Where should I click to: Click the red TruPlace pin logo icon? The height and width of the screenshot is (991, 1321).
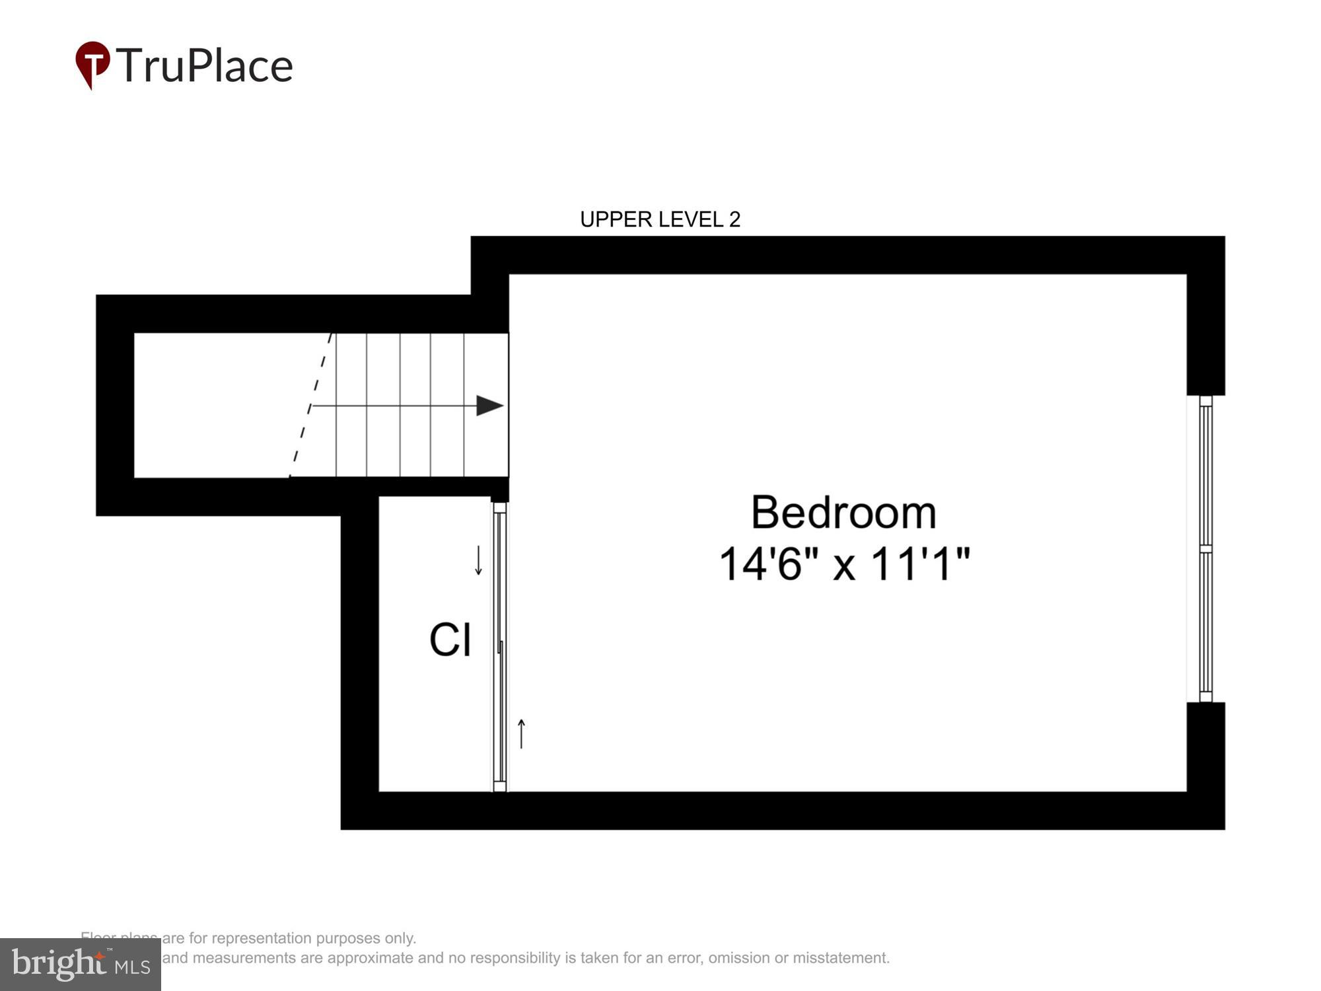pyautogui.click(x=92, y=63)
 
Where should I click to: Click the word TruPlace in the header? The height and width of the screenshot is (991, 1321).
pyautogui.click(x=204, y=66)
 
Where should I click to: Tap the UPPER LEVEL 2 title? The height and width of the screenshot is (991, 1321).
pyautogui.click(x=660, y=219)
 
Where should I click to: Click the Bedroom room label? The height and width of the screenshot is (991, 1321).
pyautogui.click(x=843, y=513)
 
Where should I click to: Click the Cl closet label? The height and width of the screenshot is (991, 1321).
pyautogui.click(x=450, y=640)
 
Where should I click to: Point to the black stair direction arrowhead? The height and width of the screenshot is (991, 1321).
pyautogui.click(x=489, y=406)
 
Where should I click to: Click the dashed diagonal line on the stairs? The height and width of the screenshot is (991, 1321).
pyautogui.click(x=310, y=406)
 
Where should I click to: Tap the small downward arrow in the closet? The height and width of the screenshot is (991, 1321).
pyautogui.click(x=479, y=560)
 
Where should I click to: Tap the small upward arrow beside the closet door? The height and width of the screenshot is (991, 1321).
pyautogui.click(x=521, y=734)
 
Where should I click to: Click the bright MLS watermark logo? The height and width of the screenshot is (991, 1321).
pyautogui.click(x=80, y=965)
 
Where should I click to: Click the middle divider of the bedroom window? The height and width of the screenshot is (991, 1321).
pyautogui.click(x=1205, y=549)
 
